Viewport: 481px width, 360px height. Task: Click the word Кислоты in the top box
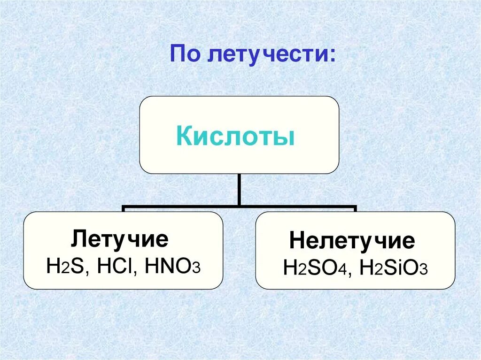click(236, 137)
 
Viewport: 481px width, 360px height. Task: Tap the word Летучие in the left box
click(119, 239)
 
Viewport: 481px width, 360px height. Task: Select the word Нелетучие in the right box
click(352, 241)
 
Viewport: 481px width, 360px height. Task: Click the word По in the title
click(184, 55)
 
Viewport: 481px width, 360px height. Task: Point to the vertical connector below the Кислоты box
click(239, 190)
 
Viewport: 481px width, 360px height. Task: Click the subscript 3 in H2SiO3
click(423, 271)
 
